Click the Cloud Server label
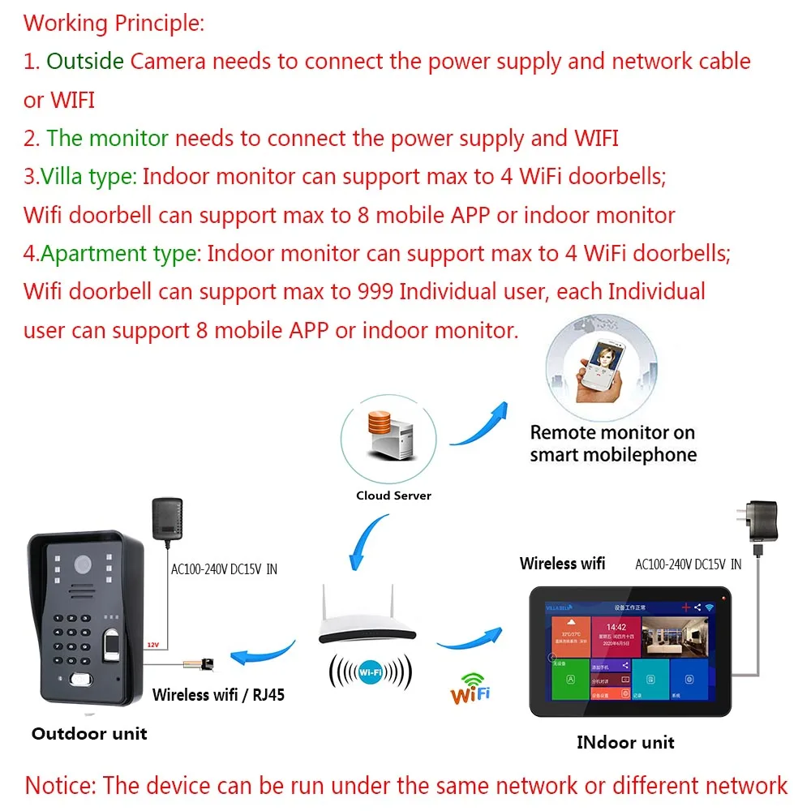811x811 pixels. (393, 496)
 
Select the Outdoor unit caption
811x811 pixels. (89, 734)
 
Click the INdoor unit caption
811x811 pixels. (625, 742)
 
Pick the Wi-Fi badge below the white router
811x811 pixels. (371, 672)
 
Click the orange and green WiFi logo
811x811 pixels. (471, 688)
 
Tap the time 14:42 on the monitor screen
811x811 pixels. (616, 627)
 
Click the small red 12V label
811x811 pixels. (152, 645)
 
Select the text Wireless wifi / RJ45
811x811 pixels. (218, 694)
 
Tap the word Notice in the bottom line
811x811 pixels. (60, 785)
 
